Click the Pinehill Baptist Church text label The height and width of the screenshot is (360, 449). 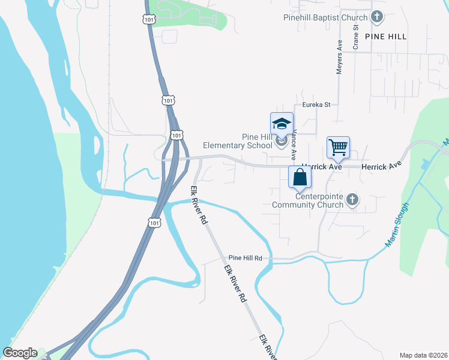(x=325, y=17)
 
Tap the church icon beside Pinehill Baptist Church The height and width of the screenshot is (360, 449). (x=377, y=17)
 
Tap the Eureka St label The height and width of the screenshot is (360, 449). (x=316, y=104)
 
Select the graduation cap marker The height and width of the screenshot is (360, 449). (x=282, y=124)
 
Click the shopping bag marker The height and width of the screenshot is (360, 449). (x=300, y=178)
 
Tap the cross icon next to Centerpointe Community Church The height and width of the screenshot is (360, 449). (x=352, y=200)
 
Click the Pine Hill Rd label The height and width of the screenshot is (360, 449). (x=245, y=258)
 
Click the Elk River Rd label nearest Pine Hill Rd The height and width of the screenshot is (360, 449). (x=235, y=281)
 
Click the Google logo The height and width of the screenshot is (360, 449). (x=19, y=353)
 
